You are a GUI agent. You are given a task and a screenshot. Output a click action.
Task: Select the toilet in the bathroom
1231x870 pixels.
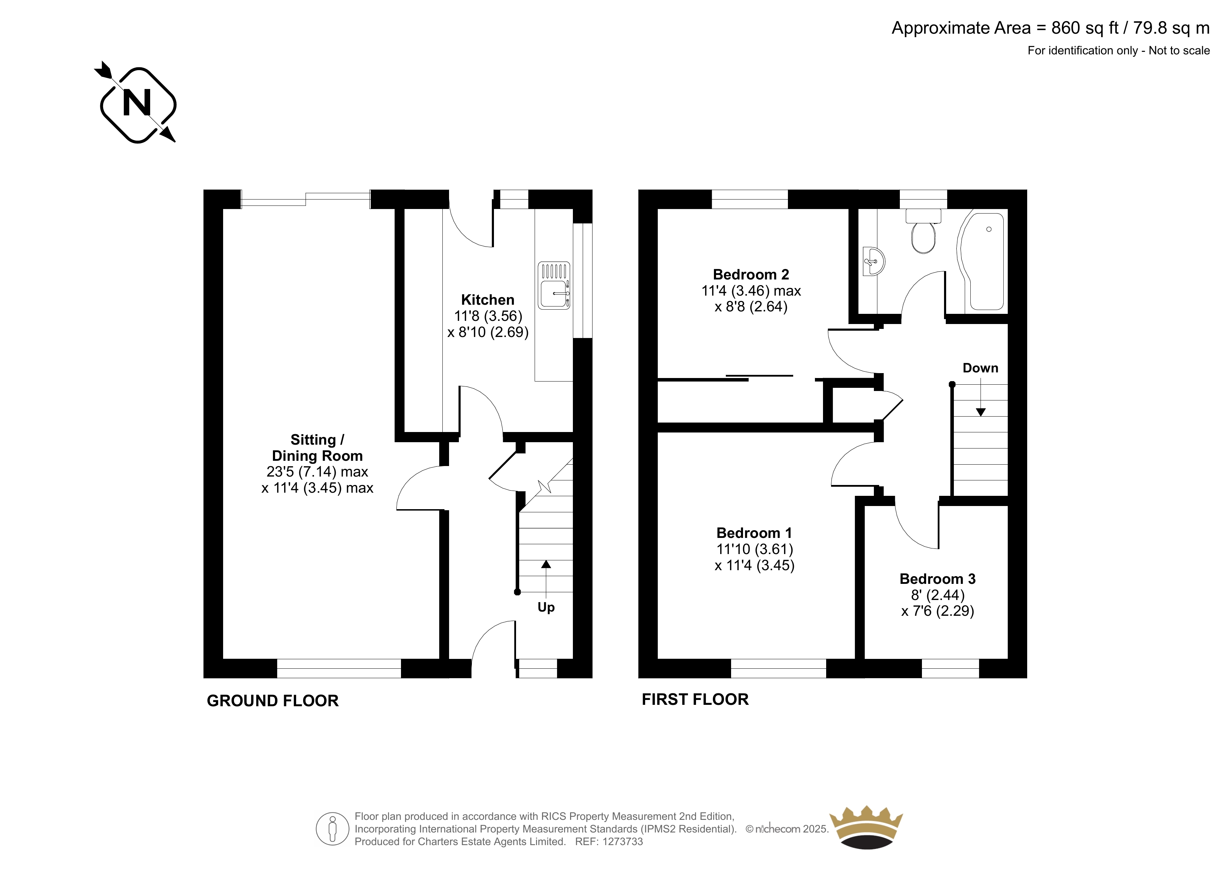click(x=923, y=231)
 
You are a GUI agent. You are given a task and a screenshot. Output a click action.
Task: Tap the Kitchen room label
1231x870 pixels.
click(x=487, y=300)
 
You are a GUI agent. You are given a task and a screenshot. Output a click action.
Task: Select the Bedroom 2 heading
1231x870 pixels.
click(x=751, y=275)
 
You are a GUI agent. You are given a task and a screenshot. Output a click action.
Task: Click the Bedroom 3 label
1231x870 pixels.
click(x=937, y=579)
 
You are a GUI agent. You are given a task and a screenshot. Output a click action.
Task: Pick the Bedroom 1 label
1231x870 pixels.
click(x=754, y=533)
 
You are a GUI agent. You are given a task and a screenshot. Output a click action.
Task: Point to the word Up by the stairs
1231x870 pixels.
click(x=546, y=607)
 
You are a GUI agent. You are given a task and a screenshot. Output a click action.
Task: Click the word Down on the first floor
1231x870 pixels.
click(x=980, y=368)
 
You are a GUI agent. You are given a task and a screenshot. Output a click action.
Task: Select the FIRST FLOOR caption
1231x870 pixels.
click(x=695, y=699)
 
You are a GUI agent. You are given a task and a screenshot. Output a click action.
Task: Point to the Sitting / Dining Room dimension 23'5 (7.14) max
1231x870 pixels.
click(x=317, y=472)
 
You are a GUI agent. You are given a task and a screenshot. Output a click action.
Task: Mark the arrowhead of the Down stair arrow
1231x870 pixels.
click(x=981, y=412)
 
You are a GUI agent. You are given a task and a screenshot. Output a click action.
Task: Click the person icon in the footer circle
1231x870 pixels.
click(x=333, y=829)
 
